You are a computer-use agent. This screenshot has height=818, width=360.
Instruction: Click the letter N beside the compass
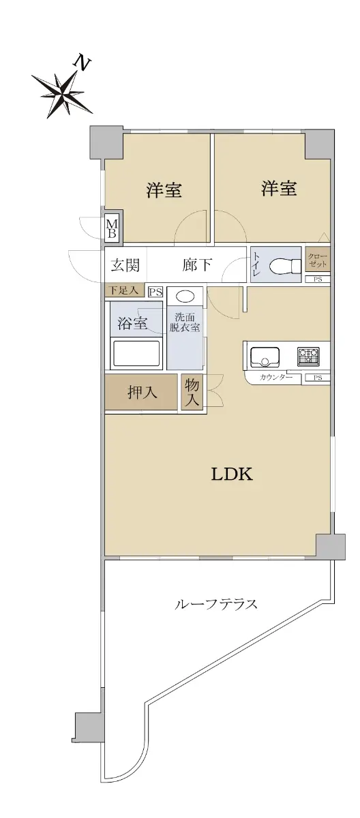coord(82,63)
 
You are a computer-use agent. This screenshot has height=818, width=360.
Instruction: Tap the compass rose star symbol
coord(61,93)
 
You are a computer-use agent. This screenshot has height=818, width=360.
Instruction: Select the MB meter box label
coord(112,228)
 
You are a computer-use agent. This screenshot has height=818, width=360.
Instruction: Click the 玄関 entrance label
coord(125,265)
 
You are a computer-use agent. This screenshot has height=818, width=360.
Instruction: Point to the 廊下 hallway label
coord(197,265)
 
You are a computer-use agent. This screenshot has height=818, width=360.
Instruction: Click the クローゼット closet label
coord(317,260)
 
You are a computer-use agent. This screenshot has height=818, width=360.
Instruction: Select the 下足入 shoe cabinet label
coord(124,290)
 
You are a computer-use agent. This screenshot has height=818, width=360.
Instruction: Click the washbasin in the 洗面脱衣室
coord(184,296)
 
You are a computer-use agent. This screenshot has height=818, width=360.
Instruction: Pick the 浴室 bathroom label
coord(132,323)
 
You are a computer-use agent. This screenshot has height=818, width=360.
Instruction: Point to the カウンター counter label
coord(275,378)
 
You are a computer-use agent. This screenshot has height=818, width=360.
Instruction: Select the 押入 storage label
coord(142,393)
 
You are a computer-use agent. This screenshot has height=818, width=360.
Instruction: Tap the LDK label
coord(232,474)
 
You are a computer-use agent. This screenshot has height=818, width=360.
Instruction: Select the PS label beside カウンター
coord(317,378)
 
